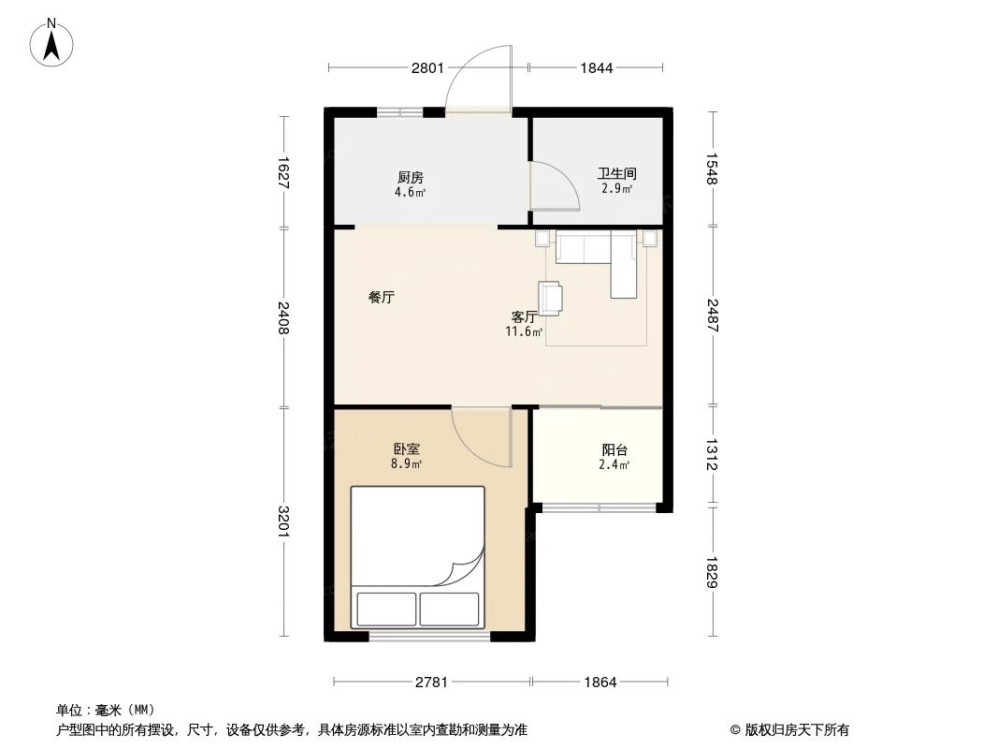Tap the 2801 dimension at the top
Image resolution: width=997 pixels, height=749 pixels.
(427, 67)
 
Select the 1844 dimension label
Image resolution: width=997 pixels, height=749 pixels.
(597, 67)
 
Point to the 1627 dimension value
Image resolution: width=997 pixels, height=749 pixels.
(283, 172)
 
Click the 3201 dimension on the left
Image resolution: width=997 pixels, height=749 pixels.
(283, 521)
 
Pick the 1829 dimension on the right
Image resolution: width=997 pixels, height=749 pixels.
(712, 572)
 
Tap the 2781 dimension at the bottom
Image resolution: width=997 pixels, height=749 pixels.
(432, 683)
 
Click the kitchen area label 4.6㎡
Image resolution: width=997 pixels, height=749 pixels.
(411, 192)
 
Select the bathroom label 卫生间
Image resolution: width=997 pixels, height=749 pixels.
(616, 173)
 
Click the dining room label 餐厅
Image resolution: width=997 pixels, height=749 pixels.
(382, 297)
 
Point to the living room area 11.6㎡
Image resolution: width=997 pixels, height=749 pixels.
(525, 331)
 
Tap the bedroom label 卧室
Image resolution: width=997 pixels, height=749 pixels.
(406, 450)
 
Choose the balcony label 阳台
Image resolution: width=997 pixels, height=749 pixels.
(614, 450)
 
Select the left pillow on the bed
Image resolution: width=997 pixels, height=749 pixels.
(386, 609)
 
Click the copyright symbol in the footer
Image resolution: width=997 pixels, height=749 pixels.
(735, 730)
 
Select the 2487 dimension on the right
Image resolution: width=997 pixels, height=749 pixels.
(712, 316)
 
